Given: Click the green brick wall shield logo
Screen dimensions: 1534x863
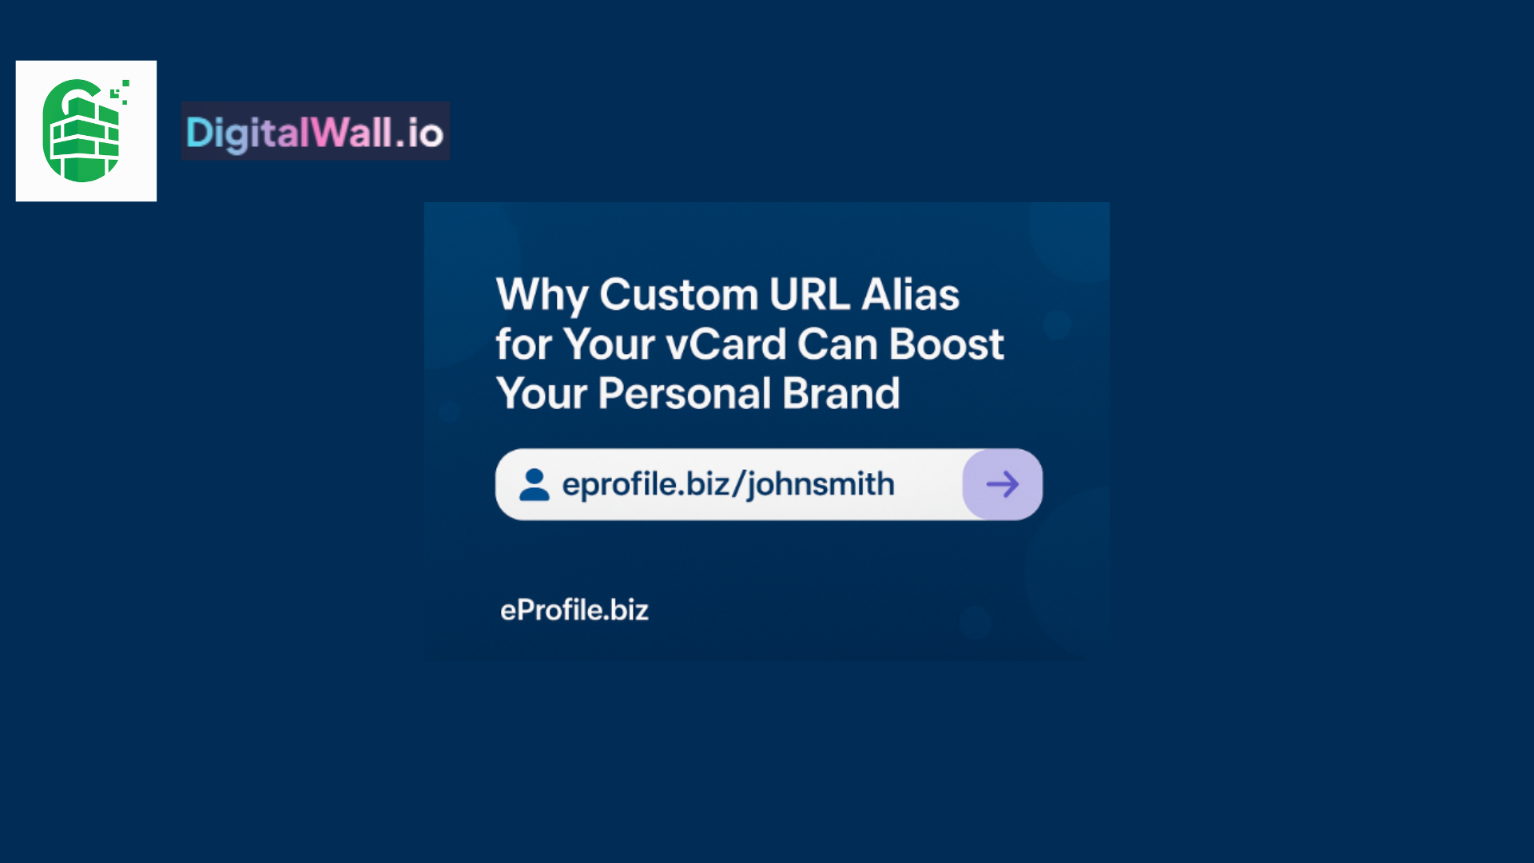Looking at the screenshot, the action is pyautogui.click(x=83, y=130).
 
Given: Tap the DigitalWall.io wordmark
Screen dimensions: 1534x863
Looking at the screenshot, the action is pyautogui.click(x=315, y=132).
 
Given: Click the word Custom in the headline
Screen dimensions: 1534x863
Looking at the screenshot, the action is pyautogui.click(x=678, y=294).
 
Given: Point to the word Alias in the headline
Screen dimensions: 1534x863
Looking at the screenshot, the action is pyautogui.click(x=911, y=294).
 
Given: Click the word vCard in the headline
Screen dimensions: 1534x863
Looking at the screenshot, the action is pyautogui.click(x=726, y=344).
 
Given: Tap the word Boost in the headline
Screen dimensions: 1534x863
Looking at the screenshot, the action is pyautogui.click(x=947, y=344).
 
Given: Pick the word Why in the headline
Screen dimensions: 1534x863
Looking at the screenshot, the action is pyautogui.click(x=542, y=296).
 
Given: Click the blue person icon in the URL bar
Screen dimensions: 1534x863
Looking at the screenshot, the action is pyautogui.click(x=535, y=484).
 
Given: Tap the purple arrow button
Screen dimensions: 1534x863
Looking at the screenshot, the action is pyautogui.click(x=1003, y=484).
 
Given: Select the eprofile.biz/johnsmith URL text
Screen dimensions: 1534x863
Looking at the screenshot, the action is pyautogui.click(x=728, y=484).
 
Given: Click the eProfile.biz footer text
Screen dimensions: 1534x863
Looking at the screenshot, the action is pyautogui.click(x=574, y=610).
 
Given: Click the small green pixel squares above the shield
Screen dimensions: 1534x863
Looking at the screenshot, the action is pyautogui.click(x=121, y=92).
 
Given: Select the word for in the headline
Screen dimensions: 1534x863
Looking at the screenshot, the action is pyautogui.click(x=524, y=344).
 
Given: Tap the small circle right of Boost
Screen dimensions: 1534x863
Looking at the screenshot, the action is pyautogui.click(x=1057, y=325).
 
